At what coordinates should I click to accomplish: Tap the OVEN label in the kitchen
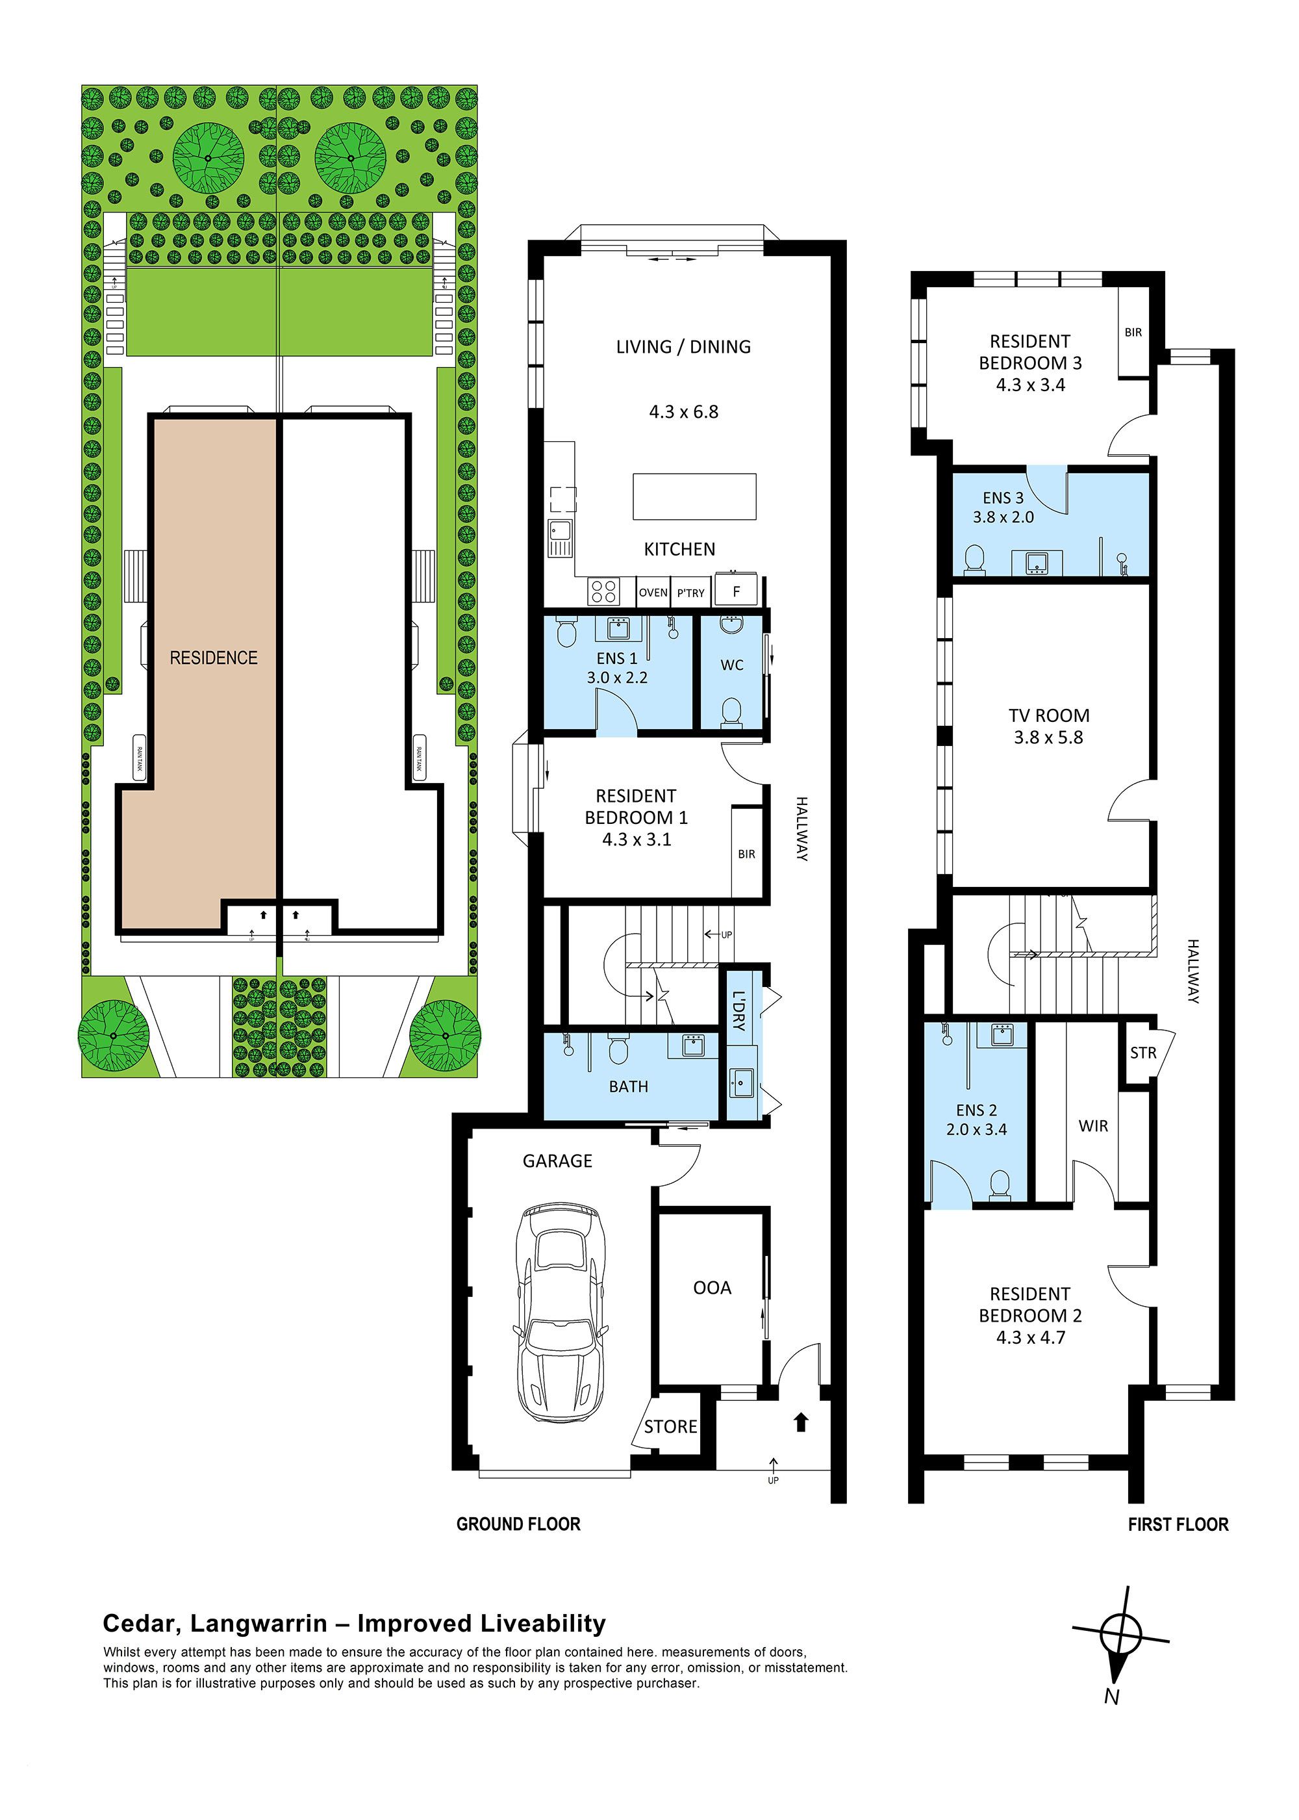653,593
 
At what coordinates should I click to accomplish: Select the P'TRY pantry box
690,593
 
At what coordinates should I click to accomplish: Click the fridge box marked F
737,592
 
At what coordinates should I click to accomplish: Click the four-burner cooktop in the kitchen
604,592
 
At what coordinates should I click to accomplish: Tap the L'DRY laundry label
738,1011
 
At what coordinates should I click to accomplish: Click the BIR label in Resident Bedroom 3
1133,332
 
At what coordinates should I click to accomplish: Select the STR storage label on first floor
1143,1053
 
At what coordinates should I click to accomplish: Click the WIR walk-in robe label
1092,1125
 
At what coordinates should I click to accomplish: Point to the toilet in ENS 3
974,560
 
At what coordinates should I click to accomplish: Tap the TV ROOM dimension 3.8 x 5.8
1048,737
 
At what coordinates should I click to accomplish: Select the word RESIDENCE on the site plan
214,658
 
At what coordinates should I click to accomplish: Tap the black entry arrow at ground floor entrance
801,1422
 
